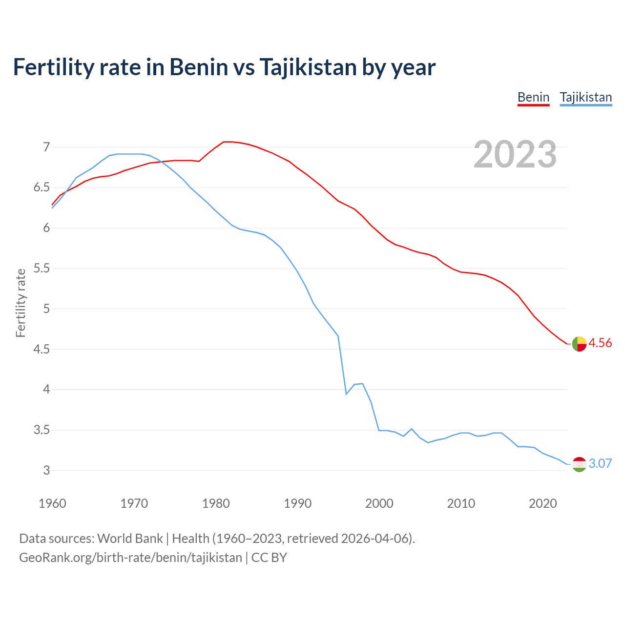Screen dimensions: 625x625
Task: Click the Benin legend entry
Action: (533, 97)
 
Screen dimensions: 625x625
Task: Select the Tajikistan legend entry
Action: (585, 97)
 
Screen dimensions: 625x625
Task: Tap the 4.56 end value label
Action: (600, 343)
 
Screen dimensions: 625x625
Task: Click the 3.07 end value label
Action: (600, 464)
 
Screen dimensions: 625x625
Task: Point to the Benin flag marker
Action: (579, 344)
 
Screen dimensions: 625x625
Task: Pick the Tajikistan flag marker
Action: (579, 464)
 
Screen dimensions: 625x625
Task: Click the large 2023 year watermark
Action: (515, 154)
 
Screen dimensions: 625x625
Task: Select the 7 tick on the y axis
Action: (46, 147)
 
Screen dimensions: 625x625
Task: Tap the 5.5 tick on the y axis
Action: (42, 269)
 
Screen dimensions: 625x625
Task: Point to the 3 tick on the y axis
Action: (46, 471)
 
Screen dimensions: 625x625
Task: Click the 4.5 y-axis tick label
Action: (42, 350)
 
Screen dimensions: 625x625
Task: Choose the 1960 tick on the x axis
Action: (52, 503)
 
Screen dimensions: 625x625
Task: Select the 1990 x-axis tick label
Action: (297, 503)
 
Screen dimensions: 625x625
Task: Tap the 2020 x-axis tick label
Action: (542, 503)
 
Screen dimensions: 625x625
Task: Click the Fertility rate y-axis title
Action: (21, 303)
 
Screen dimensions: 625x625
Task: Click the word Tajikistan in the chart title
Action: (308, 67)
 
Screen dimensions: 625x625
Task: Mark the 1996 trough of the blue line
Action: (346, 394)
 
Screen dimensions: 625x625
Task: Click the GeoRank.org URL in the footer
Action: (130, 558)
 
